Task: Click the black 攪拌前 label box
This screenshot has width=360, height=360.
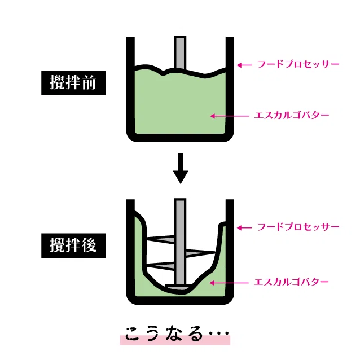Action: [73, 83]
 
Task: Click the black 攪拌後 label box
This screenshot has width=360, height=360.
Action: [73, 245]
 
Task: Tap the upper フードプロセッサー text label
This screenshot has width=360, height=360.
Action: [298, 64]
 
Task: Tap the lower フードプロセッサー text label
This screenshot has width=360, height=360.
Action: [298, 227]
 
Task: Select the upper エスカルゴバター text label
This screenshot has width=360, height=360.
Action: [292, 115]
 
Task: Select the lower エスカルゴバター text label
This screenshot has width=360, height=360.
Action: [291, 282]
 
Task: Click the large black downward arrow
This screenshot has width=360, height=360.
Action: [181, 169]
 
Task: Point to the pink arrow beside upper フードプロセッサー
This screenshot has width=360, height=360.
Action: [244, 65]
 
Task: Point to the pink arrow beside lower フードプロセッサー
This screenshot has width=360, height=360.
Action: [244, 228]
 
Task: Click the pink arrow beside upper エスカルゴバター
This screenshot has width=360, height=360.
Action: [230, 116]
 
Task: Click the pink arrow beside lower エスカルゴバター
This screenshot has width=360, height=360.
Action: [229, 283]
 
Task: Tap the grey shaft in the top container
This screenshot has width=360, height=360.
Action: [180, 52]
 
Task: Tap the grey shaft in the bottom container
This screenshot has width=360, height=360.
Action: [180, 242]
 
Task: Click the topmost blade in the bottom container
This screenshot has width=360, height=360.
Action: [161, 239]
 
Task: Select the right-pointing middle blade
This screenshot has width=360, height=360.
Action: [200, 253]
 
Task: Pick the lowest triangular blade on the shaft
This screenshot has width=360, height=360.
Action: [161, 266]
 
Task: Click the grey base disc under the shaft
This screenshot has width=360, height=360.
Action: [179, 287]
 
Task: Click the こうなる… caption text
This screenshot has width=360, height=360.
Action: [177, 333]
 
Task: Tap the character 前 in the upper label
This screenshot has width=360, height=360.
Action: [89, 82]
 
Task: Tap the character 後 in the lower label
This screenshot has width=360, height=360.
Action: [89, 245]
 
